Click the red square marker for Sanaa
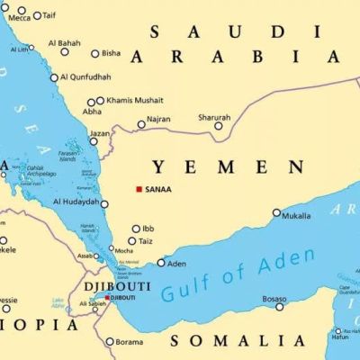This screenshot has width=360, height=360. coord(139,189)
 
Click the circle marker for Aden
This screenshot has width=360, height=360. coord(161,263)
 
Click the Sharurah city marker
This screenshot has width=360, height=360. coord(218,126)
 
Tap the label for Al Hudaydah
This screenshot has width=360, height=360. coord(77,202)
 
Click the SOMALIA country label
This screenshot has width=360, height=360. coord(237,340)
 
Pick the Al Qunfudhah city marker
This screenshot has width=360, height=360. coord(54,77)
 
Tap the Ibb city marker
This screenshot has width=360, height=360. coord(136,229)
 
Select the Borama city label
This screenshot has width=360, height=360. coord(130,342)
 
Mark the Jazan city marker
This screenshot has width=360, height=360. coord(94,141)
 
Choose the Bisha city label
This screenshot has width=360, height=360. coord(112,53)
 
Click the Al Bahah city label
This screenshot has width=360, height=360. coord(64,42)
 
